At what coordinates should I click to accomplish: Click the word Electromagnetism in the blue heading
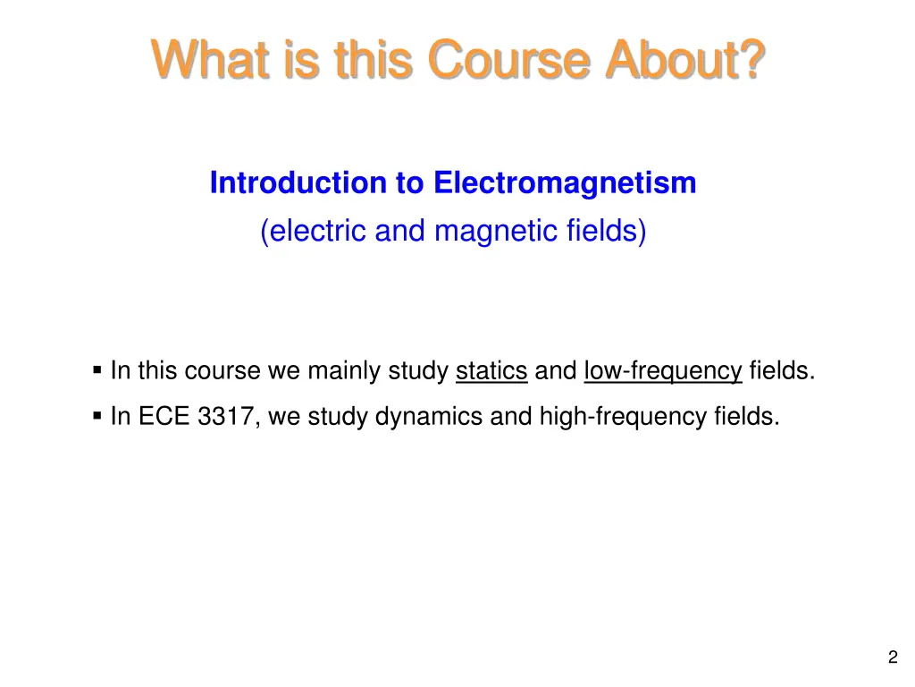[x=565, y=183]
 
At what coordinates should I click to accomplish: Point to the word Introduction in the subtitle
[x=299, y=183]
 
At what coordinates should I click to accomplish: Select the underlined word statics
[x=491, y=371]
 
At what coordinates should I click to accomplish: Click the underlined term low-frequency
[x=663, y=371]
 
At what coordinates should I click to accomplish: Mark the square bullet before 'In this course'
[x=97, y=370]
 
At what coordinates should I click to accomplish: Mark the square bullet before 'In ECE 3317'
[x=97, y=416]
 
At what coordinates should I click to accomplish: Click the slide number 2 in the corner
[x=892, y=658]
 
